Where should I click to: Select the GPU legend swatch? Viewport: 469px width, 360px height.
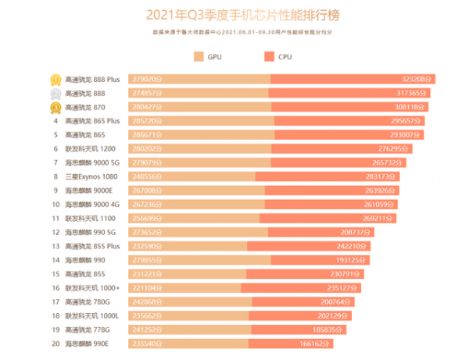199,56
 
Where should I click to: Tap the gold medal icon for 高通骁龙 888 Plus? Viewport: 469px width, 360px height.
56,79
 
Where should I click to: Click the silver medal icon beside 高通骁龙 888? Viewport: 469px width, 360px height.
56,93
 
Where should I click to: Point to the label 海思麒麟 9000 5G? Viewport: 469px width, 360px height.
92,162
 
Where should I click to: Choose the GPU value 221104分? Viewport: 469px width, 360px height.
149,287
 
